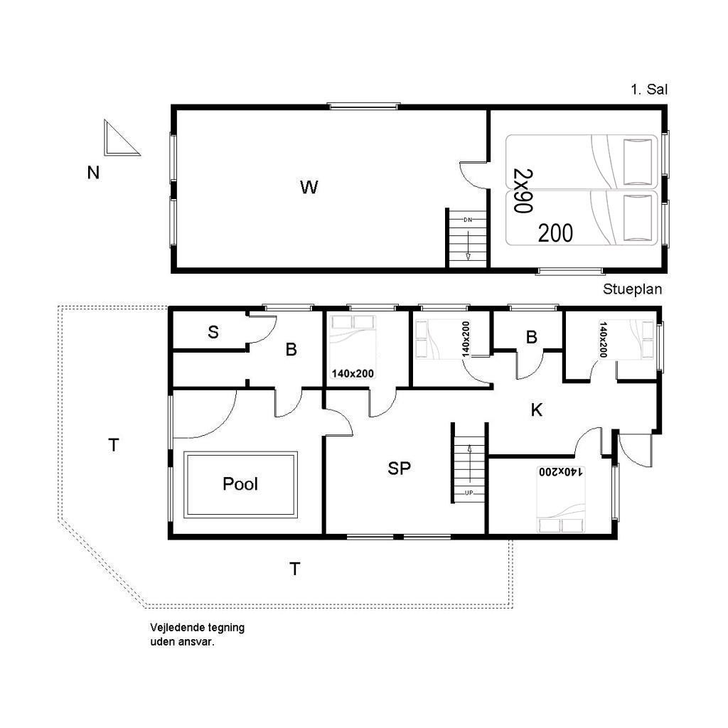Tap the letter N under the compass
tap(93, 173)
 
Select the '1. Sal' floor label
tap(648, 90)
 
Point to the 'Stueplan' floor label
tap(632, 289)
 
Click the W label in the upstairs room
tap(309, 187)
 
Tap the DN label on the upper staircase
tap(468, 220)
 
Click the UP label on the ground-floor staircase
tap(469, 493)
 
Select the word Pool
tap(240, 483)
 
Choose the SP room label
tap(399, 469)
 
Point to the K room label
tap(536, 410)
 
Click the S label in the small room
tap(213, 332)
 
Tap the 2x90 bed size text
tap(523, 191)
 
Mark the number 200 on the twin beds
tap(555, 233)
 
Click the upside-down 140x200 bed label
tap(561, 472)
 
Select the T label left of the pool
tap(114, 445)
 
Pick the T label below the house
tap(295, 569)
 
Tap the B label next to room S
tap(291, 350)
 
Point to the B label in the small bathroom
tap(532, 337)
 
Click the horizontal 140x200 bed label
tap(353, 373)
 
